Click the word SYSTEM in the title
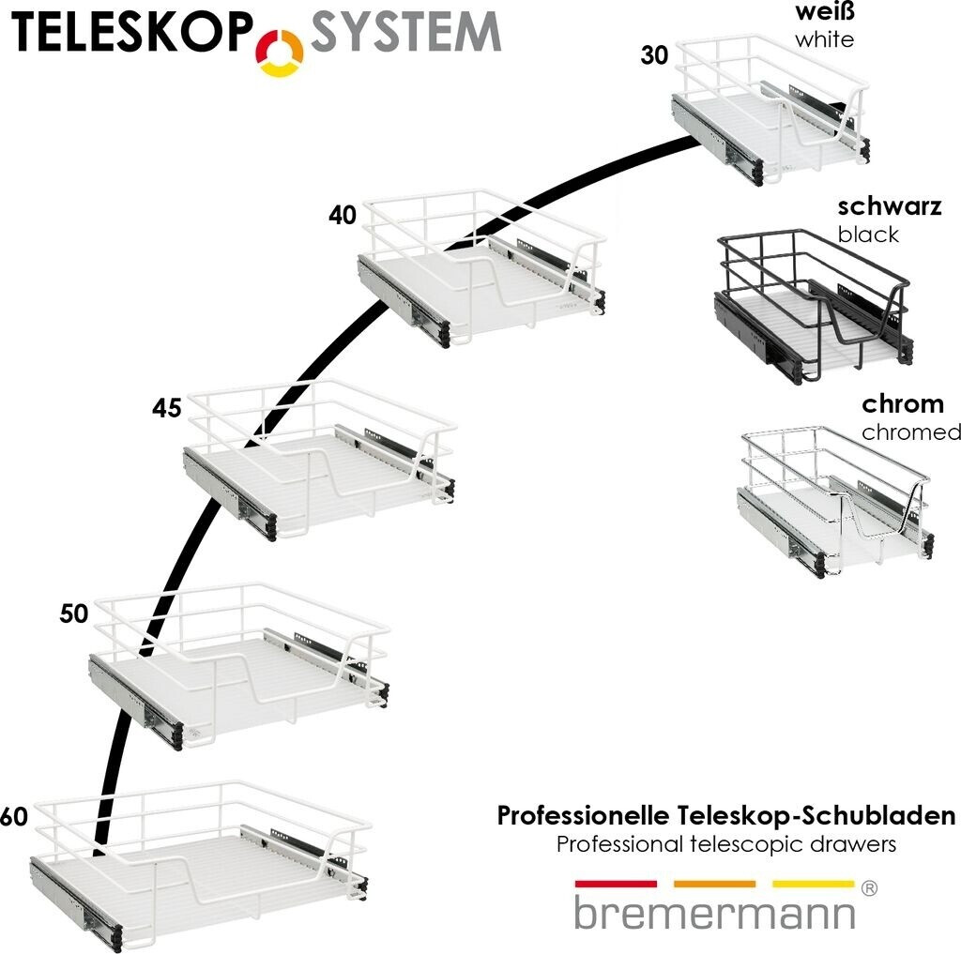405,34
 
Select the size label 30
654,56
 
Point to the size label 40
343,216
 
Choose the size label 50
73,614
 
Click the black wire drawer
812,305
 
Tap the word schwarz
889,207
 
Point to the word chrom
903,405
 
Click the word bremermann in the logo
714,913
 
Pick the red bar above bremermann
616,884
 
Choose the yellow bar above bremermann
813,884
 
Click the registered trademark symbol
869,888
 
